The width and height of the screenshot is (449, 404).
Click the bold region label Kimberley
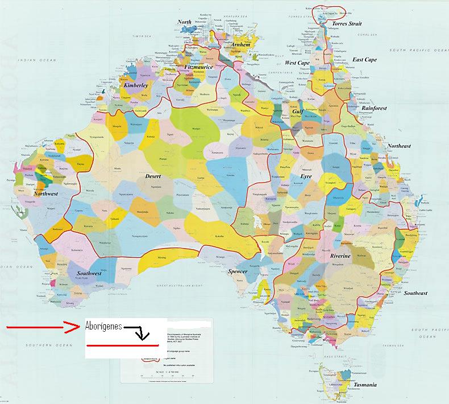coord(136,85)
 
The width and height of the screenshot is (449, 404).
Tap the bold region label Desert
coord(153,176)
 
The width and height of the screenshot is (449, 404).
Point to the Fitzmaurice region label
coord(199,67)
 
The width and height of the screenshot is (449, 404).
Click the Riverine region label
coord(340,257)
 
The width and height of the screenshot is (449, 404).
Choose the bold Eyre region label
coord(306,177)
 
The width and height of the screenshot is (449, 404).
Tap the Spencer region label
coord(238,271)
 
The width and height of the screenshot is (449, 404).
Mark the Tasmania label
coord(365,385)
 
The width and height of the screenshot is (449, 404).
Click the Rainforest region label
coord(374,108)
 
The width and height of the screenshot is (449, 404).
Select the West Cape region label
coord(297,63)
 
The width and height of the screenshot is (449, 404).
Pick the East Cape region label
coord(364,60)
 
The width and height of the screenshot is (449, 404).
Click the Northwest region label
coord(45,193)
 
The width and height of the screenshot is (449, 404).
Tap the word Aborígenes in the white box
coord(103,325)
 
